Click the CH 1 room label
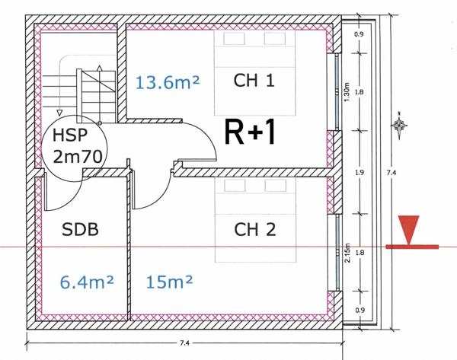click(x=254, y=81)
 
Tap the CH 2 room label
click(x=254, y=229)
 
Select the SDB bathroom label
click(x=80, y=229)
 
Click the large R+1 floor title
click(x=250, y=132)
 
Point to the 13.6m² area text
click(x=168, y=82)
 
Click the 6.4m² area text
click(x=87, y=282)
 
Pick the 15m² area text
click(x=169, y=282)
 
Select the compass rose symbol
click(x=399, y=126)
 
